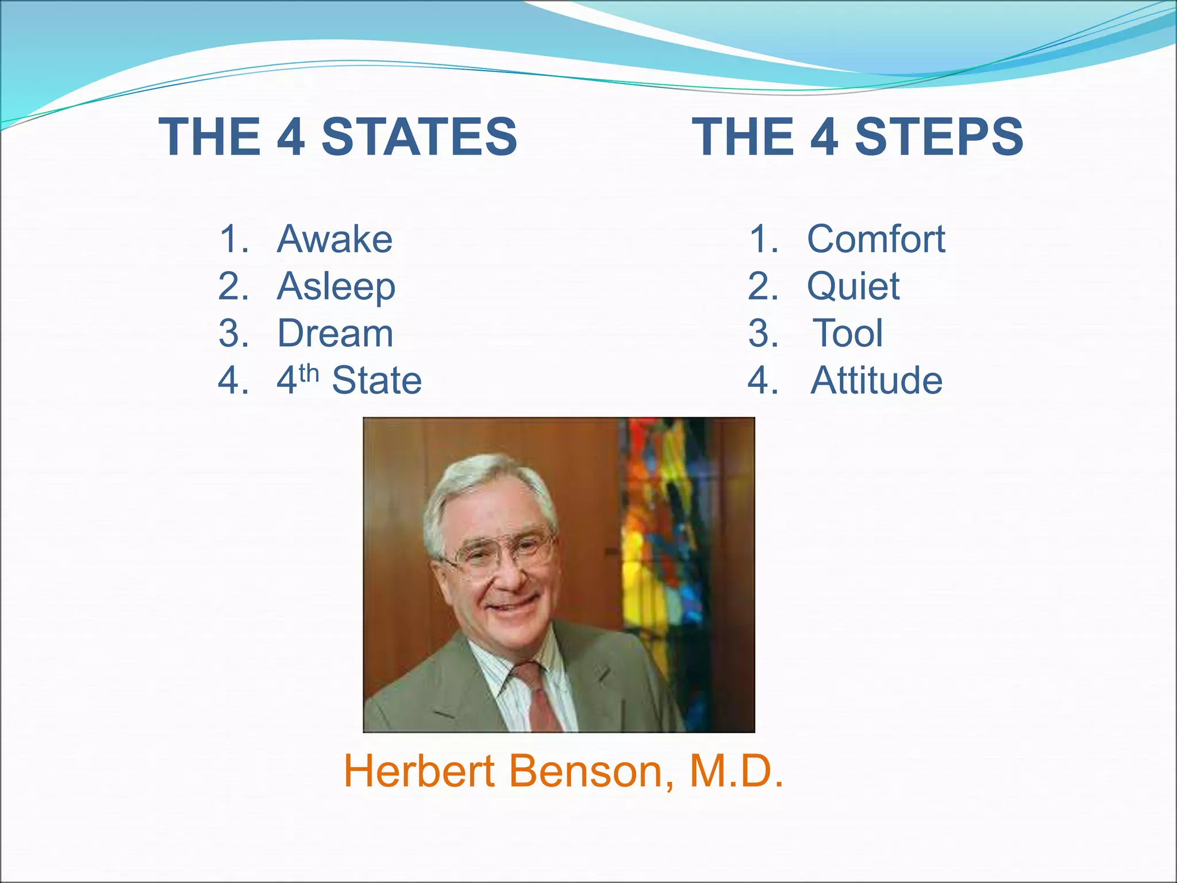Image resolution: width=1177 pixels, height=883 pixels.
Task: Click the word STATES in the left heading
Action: (419, 137)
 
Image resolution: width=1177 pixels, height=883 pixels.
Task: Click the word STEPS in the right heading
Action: (939, 137)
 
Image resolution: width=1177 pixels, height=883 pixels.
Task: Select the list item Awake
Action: (334, 239)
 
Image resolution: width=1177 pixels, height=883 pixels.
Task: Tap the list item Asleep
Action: (336, 286)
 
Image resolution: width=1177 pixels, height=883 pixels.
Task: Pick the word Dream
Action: (335, 333)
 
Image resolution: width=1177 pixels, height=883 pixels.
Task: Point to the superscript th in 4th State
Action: (309, 374)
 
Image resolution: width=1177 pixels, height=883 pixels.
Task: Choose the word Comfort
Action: (876, 239)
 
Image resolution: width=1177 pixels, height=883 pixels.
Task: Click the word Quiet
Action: (853, 286)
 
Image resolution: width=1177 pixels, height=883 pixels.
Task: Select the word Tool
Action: (848, 333)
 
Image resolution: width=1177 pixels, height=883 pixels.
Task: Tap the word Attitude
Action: (876, 381)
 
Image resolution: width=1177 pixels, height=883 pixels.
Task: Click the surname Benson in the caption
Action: (591, 771)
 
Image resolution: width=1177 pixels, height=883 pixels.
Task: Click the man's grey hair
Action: (483, 483)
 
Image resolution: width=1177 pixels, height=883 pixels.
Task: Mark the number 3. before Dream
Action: (233, 333)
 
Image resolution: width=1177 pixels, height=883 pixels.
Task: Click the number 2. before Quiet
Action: (763, 286)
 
